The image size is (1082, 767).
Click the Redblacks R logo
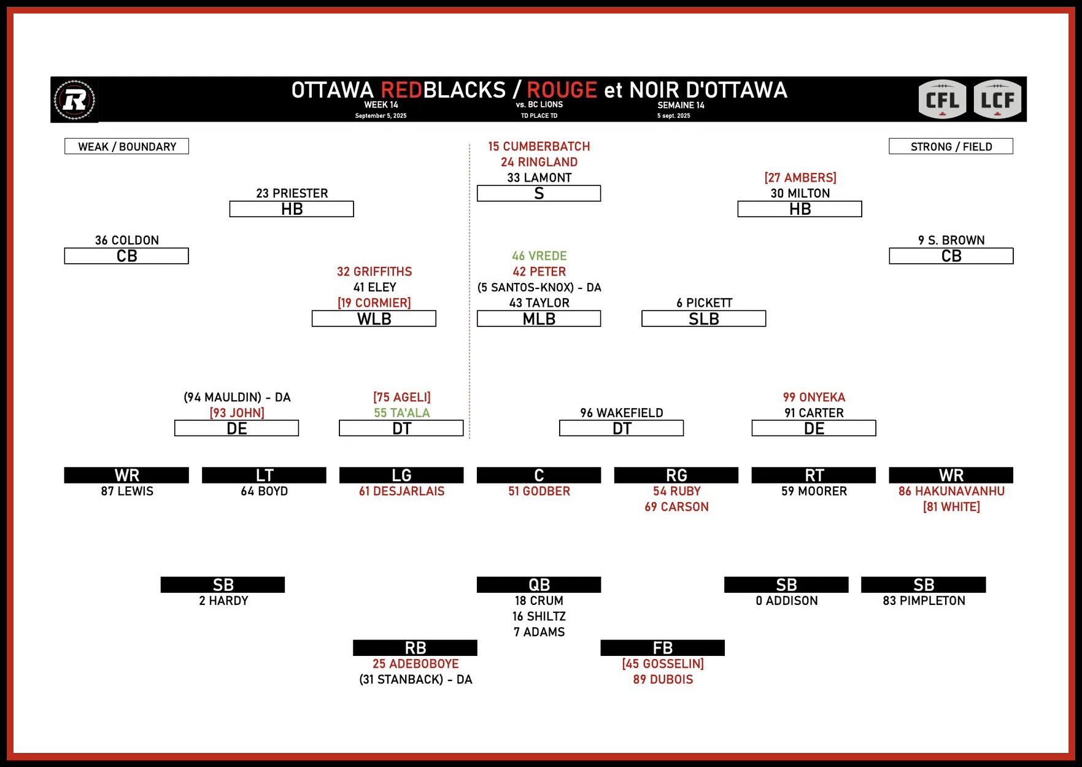[74, 99]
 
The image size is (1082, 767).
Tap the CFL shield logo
[942, 99]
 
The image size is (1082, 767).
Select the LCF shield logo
[997, 99]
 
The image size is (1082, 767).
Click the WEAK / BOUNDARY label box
[126, 147]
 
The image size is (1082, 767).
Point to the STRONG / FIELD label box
[951, 147]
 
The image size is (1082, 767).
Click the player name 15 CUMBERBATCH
[539, 147]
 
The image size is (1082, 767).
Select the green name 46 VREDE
[539, 256]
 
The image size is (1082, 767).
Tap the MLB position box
[539, 319]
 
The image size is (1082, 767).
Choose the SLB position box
[703, 319]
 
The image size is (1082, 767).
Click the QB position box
[539, 585]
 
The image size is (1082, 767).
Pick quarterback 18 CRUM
[539, 601]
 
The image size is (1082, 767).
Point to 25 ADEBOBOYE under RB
[415, 664]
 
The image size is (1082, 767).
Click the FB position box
[662, 648]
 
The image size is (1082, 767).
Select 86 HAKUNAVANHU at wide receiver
[951, 491]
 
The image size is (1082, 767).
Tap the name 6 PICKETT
[704, 303]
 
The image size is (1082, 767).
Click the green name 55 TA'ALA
[401, 413]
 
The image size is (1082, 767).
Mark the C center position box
[539, 476]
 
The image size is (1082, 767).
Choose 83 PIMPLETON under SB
[924, 601]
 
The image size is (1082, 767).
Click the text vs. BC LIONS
[539, 105]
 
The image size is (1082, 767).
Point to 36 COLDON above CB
[126, 241]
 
